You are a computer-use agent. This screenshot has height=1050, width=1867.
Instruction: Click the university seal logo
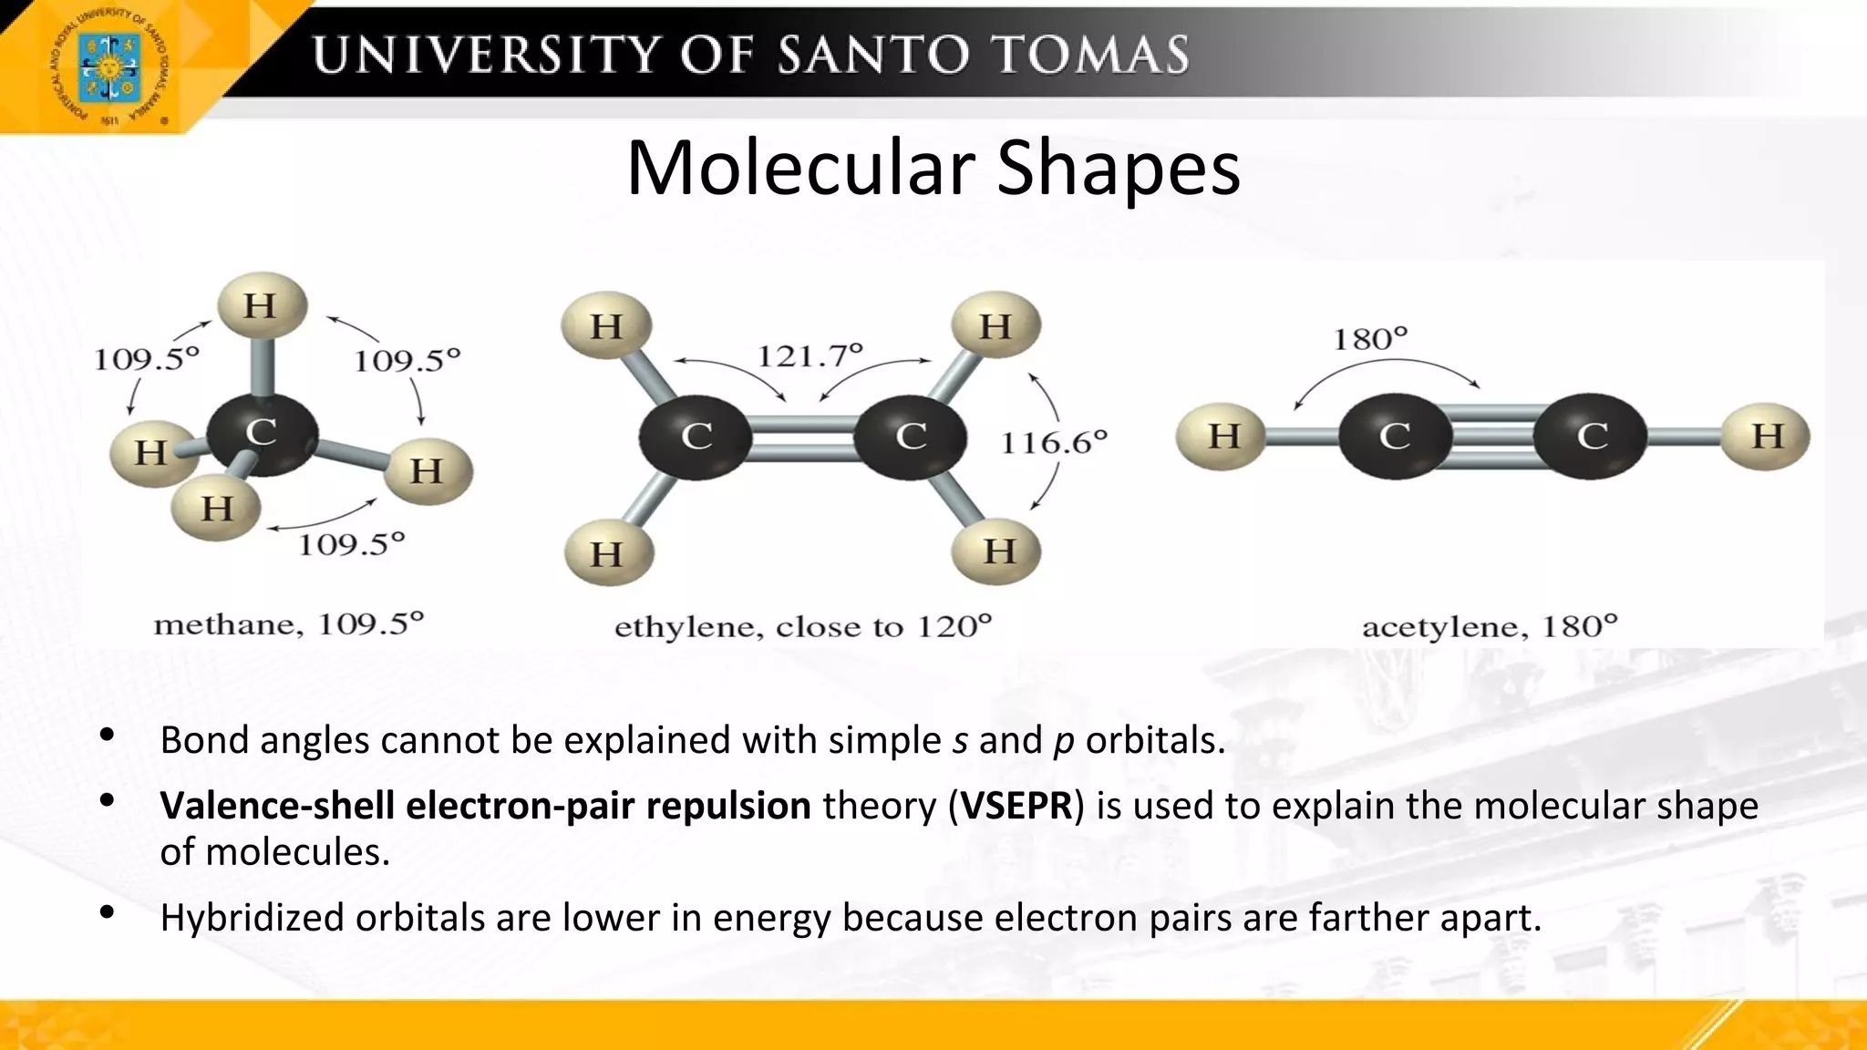pos(109,67)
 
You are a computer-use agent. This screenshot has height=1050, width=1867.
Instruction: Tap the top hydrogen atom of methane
pos(261,305)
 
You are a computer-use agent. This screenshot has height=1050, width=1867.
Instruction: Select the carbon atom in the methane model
pos(262,433)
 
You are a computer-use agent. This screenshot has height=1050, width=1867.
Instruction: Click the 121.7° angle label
pos(810,355)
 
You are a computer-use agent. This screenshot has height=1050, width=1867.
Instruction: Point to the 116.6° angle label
pos(1054,443)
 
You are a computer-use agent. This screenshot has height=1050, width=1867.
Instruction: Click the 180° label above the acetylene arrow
pos(1370,339)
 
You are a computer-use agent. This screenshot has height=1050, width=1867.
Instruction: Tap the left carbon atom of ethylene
pos(696,437)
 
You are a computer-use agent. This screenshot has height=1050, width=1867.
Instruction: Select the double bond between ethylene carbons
pos(802,437)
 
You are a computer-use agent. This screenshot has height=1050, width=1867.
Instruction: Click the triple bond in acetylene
pos(1492,437)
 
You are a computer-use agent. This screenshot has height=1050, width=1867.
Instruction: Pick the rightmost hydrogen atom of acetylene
pos(1766,437)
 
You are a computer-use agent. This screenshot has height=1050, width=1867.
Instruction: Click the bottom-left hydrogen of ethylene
pos(607,553)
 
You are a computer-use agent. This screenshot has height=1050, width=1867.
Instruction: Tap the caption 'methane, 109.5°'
pos(289,625)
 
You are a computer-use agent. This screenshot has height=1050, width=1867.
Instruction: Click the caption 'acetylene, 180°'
pos(1489,627)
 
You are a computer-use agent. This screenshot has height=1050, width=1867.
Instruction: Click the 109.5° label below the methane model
pos(351,545)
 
